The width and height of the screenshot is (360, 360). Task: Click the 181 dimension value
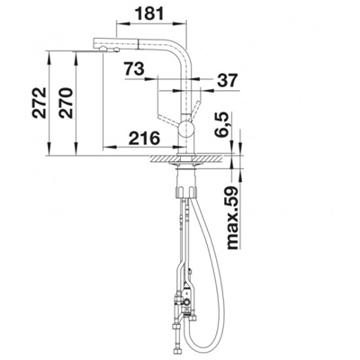click(x=149, y=13)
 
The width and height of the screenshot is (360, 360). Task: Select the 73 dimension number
click(x=134, y=69)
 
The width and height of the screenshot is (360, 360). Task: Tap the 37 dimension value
click(x=227, y=80)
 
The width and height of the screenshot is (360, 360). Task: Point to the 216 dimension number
click(x=143, y=139)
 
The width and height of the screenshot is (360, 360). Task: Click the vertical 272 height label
click(x=40, y=103)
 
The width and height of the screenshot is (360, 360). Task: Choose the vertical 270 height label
click(x=66, y=103)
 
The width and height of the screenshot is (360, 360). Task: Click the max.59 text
click(x=232, y=218)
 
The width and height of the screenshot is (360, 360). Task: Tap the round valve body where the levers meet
click(x=185, y=130)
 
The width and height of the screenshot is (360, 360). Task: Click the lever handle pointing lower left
click(x=169, y=120)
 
